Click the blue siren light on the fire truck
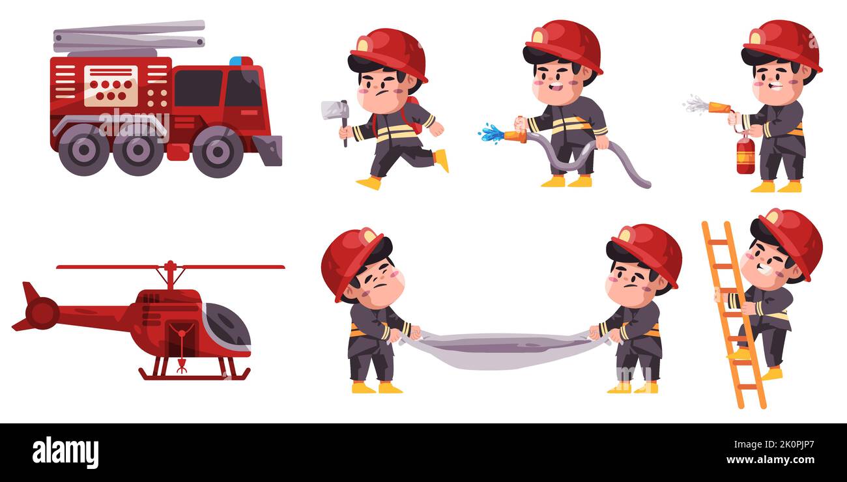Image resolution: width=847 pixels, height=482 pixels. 240,61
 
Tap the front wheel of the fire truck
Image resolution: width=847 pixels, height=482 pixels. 218,151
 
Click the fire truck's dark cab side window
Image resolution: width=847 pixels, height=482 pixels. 197,88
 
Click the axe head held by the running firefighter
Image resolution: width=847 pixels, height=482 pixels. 333,110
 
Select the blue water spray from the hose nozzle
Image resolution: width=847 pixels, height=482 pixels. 491,134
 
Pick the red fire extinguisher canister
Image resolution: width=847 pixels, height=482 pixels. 745,156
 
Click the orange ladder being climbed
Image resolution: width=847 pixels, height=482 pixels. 733,313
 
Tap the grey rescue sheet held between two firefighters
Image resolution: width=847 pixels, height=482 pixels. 502,350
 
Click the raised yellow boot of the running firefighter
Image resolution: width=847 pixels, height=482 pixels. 442,160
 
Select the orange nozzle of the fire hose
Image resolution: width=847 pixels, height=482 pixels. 515,136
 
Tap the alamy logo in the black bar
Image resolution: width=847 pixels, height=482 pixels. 65,453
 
